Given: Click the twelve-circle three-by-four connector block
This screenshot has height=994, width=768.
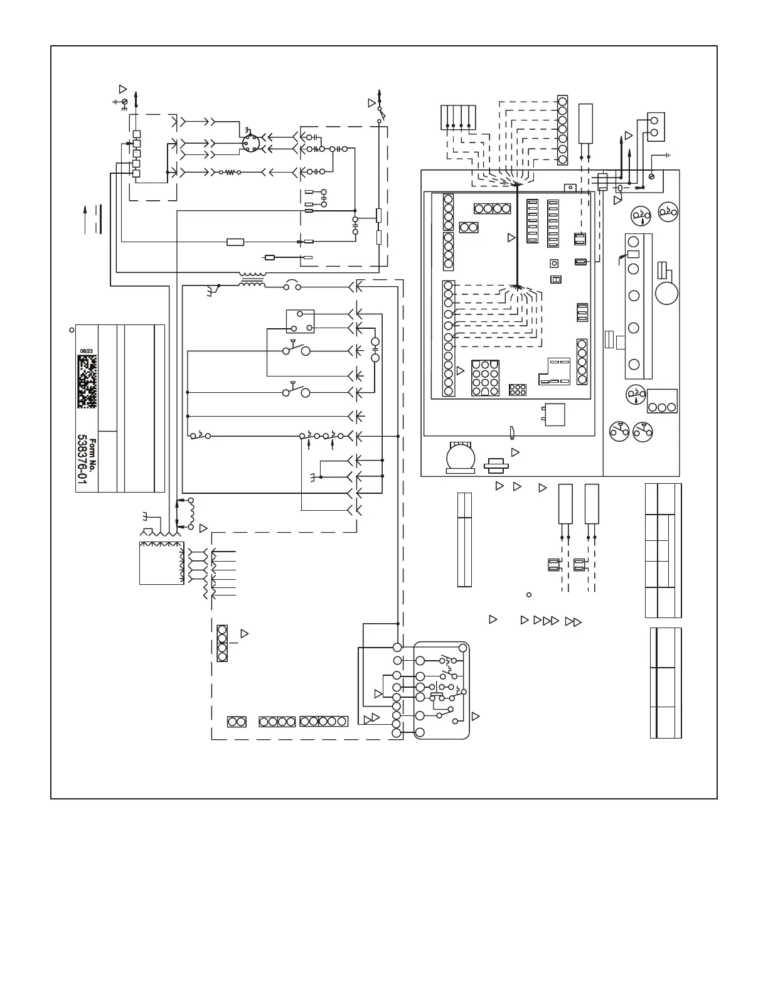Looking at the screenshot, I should [x=484, y=378].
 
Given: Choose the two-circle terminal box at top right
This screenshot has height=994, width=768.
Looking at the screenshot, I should [x=656, y=126].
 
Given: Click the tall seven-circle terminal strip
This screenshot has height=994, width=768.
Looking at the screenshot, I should [x=562, y=131].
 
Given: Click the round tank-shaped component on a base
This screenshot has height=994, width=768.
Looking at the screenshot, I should [x=461, y=457].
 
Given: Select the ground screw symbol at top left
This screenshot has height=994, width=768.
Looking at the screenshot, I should [x=124, y=101].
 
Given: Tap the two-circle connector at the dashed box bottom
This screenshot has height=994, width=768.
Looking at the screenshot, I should [x=237, y=722].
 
